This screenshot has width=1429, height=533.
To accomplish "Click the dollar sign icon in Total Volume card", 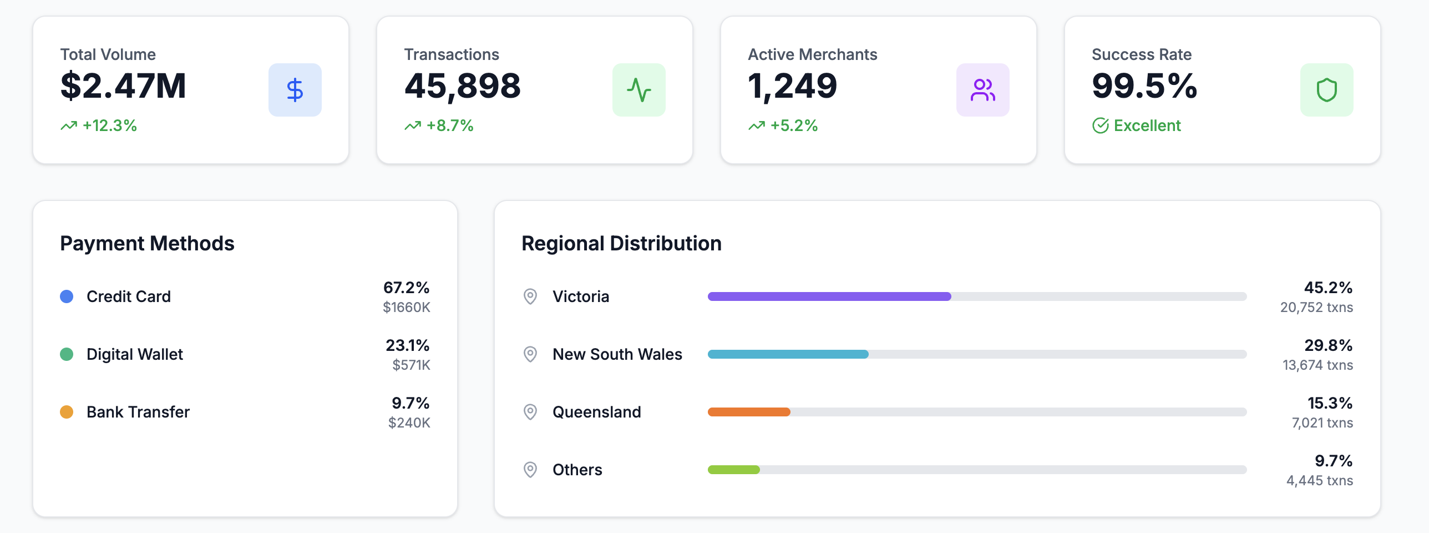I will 295,90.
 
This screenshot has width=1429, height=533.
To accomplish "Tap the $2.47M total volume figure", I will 123,86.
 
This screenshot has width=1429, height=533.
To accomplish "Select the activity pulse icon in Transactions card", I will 639,90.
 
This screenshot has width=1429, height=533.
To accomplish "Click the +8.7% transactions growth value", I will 449,126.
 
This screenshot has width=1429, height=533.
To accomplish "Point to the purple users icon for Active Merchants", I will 982,90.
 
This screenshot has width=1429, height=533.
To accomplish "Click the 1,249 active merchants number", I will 792,86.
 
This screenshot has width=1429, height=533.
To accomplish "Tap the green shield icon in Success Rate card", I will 1326,90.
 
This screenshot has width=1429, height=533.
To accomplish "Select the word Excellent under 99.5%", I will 1147,126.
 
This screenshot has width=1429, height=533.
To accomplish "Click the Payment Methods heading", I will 147,244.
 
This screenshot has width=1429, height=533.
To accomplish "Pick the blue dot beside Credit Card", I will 67,296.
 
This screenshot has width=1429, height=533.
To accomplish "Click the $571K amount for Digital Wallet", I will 411,365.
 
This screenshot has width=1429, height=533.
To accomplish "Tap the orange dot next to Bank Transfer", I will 67,412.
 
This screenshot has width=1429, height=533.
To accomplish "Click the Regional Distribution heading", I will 621,244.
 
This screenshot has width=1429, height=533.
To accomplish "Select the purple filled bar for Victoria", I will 829,296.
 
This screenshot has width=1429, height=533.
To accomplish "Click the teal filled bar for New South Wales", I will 788,354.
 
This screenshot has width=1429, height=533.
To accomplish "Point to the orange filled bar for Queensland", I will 749,412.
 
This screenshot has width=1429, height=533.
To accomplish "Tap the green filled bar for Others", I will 733,470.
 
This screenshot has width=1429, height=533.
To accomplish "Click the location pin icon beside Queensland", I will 530,412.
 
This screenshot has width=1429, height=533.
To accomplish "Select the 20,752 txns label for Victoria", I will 1316,308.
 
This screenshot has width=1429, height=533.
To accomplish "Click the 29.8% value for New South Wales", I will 1328,345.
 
